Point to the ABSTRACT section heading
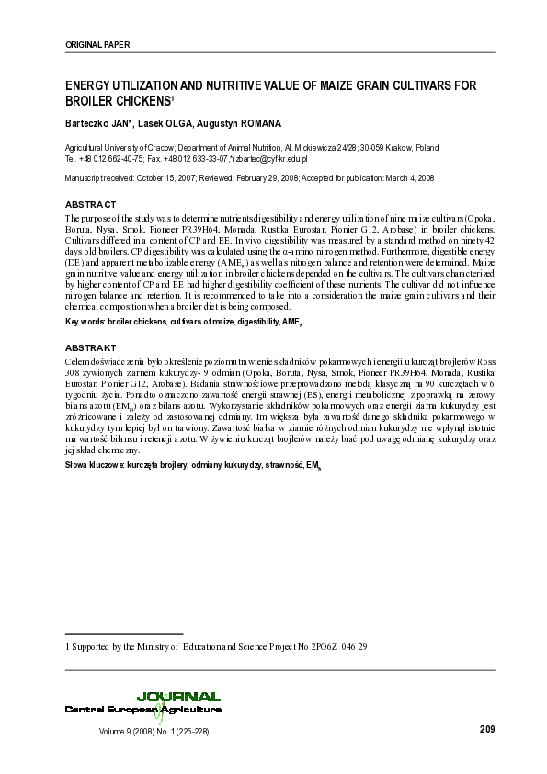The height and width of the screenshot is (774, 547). (90, 202)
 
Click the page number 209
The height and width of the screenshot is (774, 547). (487, 730)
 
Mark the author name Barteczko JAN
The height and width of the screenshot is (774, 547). (98, 122)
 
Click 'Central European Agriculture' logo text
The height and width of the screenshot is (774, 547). (142, 710)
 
